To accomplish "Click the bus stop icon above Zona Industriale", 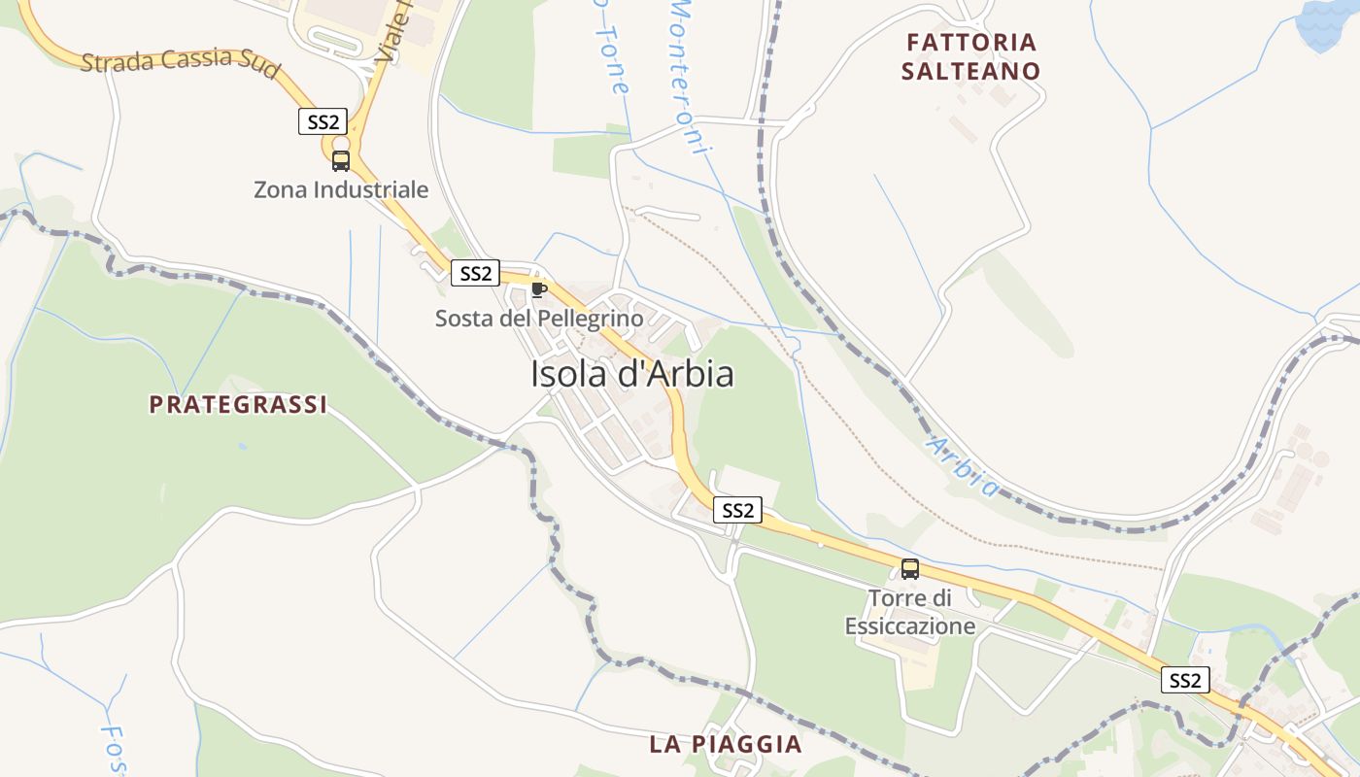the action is pos(340,161).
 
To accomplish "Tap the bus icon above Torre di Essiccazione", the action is pos(909,569).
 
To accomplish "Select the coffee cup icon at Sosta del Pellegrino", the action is pos(538,289).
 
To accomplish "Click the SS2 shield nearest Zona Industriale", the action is pos(323,121).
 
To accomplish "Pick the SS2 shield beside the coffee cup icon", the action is pos(475,273).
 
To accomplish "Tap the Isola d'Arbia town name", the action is pos(631,374).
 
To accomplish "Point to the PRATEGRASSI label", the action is pos(238,405).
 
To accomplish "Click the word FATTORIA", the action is pos(970,43).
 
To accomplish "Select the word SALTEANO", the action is pos(970,71).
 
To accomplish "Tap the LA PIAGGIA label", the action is pos(726,745).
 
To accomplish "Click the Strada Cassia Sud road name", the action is pos(181,62).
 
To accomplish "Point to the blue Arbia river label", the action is pos(963,465).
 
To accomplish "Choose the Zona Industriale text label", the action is pos(340,189).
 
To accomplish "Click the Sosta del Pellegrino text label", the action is pos(538,318).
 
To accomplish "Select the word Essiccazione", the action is pos(909,626).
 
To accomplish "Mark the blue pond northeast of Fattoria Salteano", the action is pos(1329,24).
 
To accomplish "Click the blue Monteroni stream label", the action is pos(691,73).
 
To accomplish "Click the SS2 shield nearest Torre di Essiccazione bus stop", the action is pos(737,510).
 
